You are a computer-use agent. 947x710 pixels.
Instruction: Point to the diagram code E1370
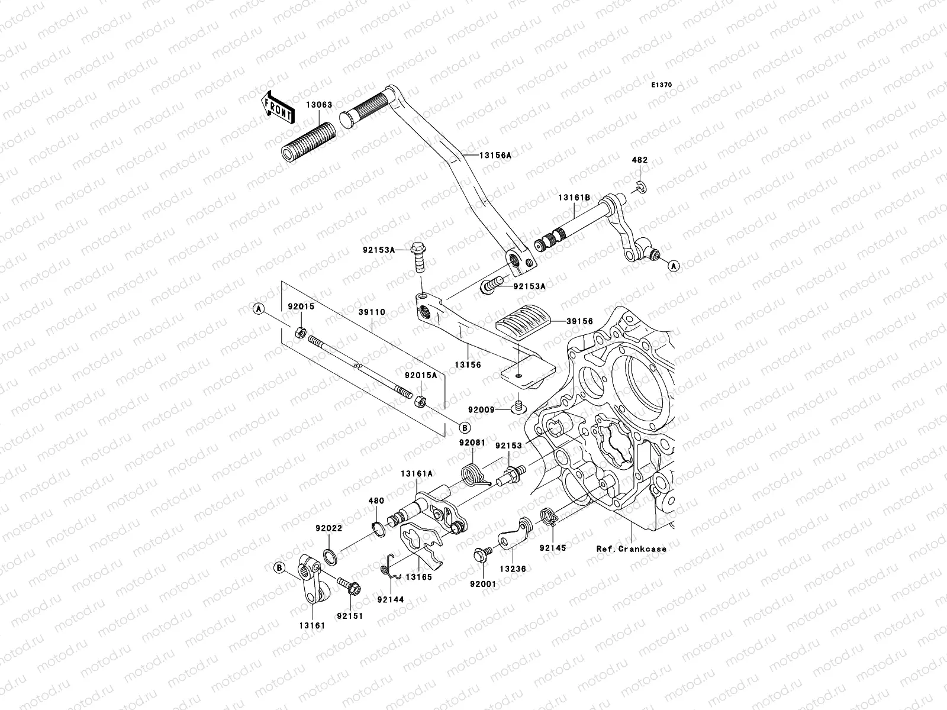[x=662, y=85]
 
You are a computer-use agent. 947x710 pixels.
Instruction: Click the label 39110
[x=372, y=312]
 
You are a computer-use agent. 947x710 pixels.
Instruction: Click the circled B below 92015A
[x=464, y=427]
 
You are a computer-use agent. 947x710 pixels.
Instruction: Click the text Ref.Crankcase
[x=631, y=548]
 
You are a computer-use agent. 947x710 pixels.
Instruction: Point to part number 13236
[x=510, y=567]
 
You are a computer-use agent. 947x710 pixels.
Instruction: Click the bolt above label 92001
[x=479, y=554]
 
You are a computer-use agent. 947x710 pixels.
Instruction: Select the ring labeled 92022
[x=330, y=556]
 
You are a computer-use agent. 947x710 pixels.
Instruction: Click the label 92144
[x=390, y=599]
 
